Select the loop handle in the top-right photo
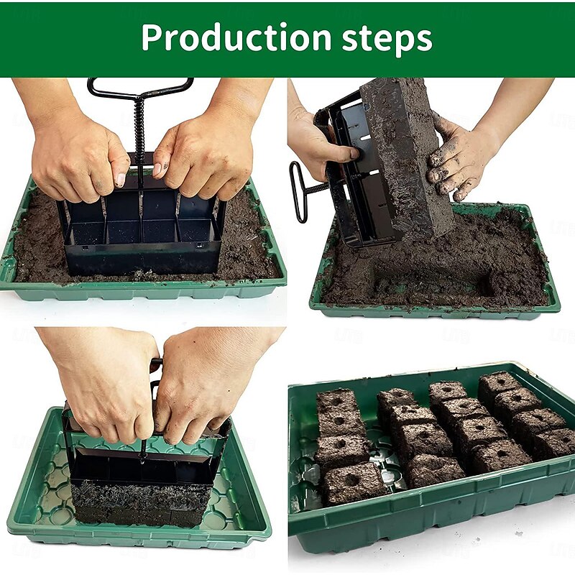[x=297, y=191]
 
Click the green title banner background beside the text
[x=65, y=40]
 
